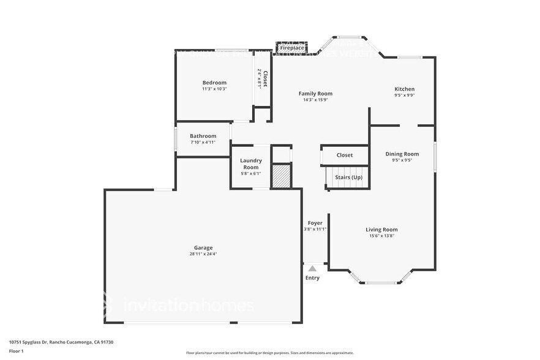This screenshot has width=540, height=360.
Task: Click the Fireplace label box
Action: point(292,47)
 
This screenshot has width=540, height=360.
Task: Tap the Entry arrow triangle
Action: point(312,268)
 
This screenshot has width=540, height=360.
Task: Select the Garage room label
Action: point(203,247)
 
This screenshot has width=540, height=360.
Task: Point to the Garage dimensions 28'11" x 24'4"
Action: point(203,254)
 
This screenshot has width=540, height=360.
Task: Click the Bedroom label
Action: point(214,83)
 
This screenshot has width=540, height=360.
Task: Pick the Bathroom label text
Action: point(203,136)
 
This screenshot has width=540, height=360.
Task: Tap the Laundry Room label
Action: point(251,163)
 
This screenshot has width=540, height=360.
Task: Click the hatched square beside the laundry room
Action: point(281,176)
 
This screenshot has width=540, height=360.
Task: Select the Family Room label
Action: point(315,94)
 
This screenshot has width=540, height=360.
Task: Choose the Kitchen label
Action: point(404,89)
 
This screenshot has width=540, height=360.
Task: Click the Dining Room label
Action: point(402,154)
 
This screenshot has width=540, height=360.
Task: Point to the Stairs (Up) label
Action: point(348,178)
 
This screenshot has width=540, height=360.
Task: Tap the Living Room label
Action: point(382,230)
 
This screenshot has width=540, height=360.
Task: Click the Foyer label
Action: point(315,223)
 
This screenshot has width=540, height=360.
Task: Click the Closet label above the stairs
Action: point(345,155)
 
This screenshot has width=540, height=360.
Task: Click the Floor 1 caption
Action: point(16,351)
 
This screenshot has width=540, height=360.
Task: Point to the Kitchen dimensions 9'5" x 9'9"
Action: point(404,95)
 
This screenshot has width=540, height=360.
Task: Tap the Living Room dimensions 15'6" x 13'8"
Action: point(382,236)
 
